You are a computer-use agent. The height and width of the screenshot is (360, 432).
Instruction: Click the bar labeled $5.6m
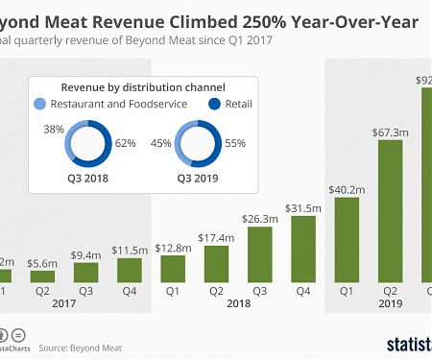43,276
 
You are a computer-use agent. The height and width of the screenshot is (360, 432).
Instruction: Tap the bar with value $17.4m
215,264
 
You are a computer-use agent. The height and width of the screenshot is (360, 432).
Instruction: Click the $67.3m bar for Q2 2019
390,212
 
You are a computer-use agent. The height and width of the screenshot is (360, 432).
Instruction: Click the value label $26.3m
259,218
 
